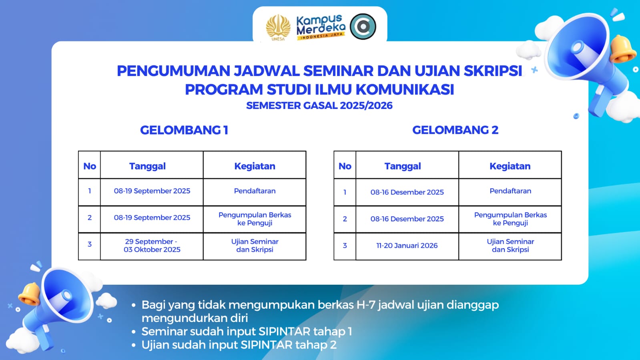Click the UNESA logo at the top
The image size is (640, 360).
[x=278, y=28]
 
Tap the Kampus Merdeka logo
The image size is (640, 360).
[x=321, y=27]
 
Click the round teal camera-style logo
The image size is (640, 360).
[x=363, y=26]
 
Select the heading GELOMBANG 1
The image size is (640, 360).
[x=184, y=130]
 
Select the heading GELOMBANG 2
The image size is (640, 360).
[x=455, y=130]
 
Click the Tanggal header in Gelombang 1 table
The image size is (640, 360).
[x=147, y=166]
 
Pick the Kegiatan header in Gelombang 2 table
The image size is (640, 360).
[x=510, y=166]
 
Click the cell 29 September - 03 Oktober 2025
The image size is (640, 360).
[x=152, y=245]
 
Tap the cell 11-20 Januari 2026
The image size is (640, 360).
[x=407, y=245]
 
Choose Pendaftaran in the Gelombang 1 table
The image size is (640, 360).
[x=255, y=191]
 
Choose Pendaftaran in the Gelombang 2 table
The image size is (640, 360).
[x=510, y=191]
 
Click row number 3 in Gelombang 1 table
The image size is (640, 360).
[x=89, y=244]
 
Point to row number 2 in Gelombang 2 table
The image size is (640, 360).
[x=345, y=219]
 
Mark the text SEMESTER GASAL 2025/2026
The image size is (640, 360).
[x=319, y=105]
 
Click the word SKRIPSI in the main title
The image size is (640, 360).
[x=493, y=71]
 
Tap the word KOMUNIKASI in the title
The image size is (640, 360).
[x=405, y=90]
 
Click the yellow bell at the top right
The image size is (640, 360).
[x=623, y=48]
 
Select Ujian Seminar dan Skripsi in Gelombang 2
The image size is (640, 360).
[x=510, y=245]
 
